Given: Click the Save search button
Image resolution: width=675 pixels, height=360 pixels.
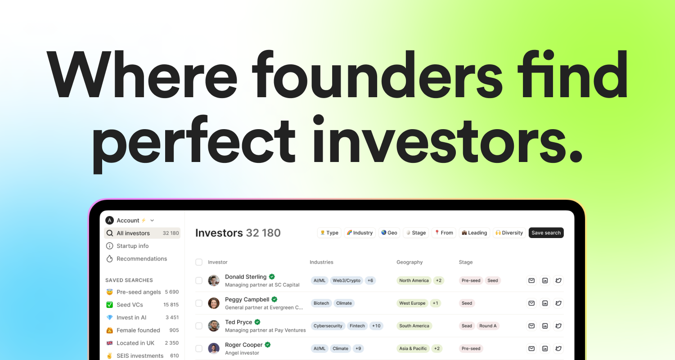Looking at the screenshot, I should point(546,233).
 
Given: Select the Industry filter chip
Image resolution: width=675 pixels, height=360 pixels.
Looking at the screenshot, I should point(360,233).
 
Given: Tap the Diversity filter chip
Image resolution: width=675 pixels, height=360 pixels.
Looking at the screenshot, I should point(509,233).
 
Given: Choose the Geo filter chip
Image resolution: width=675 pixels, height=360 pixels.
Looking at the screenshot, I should point(389,233).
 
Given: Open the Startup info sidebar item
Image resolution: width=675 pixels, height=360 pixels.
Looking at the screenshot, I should point(132,246).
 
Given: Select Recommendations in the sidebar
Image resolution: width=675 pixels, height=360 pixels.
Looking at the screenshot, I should point(141,259).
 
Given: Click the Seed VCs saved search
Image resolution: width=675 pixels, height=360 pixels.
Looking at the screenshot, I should point(129,305).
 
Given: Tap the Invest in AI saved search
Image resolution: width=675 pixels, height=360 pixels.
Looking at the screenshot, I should point(131,317).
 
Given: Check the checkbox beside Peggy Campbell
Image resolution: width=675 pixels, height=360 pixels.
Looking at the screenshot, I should point(199,303).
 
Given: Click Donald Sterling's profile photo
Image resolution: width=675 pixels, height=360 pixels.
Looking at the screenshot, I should point(214,280).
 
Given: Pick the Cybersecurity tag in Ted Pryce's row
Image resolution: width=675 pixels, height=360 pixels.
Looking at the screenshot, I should point(328,326).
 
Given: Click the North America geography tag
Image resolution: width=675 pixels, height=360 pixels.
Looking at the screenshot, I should point(414,280).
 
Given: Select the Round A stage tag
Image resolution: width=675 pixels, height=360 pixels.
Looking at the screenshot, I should point(488,326).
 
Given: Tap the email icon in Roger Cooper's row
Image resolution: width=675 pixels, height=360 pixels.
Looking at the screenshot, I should point(531,348).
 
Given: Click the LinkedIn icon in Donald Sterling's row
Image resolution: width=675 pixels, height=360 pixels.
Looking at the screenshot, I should point(545,280).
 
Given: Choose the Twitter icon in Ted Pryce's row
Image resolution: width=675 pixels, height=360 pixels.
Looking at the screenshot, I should point(558,326).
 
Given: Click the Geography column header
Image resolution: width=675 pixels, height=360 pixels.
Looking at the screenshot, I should point(409,262).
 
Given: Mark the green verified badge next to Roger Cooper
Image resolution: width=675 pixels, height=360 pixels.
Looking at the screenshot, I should point(268,345).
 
